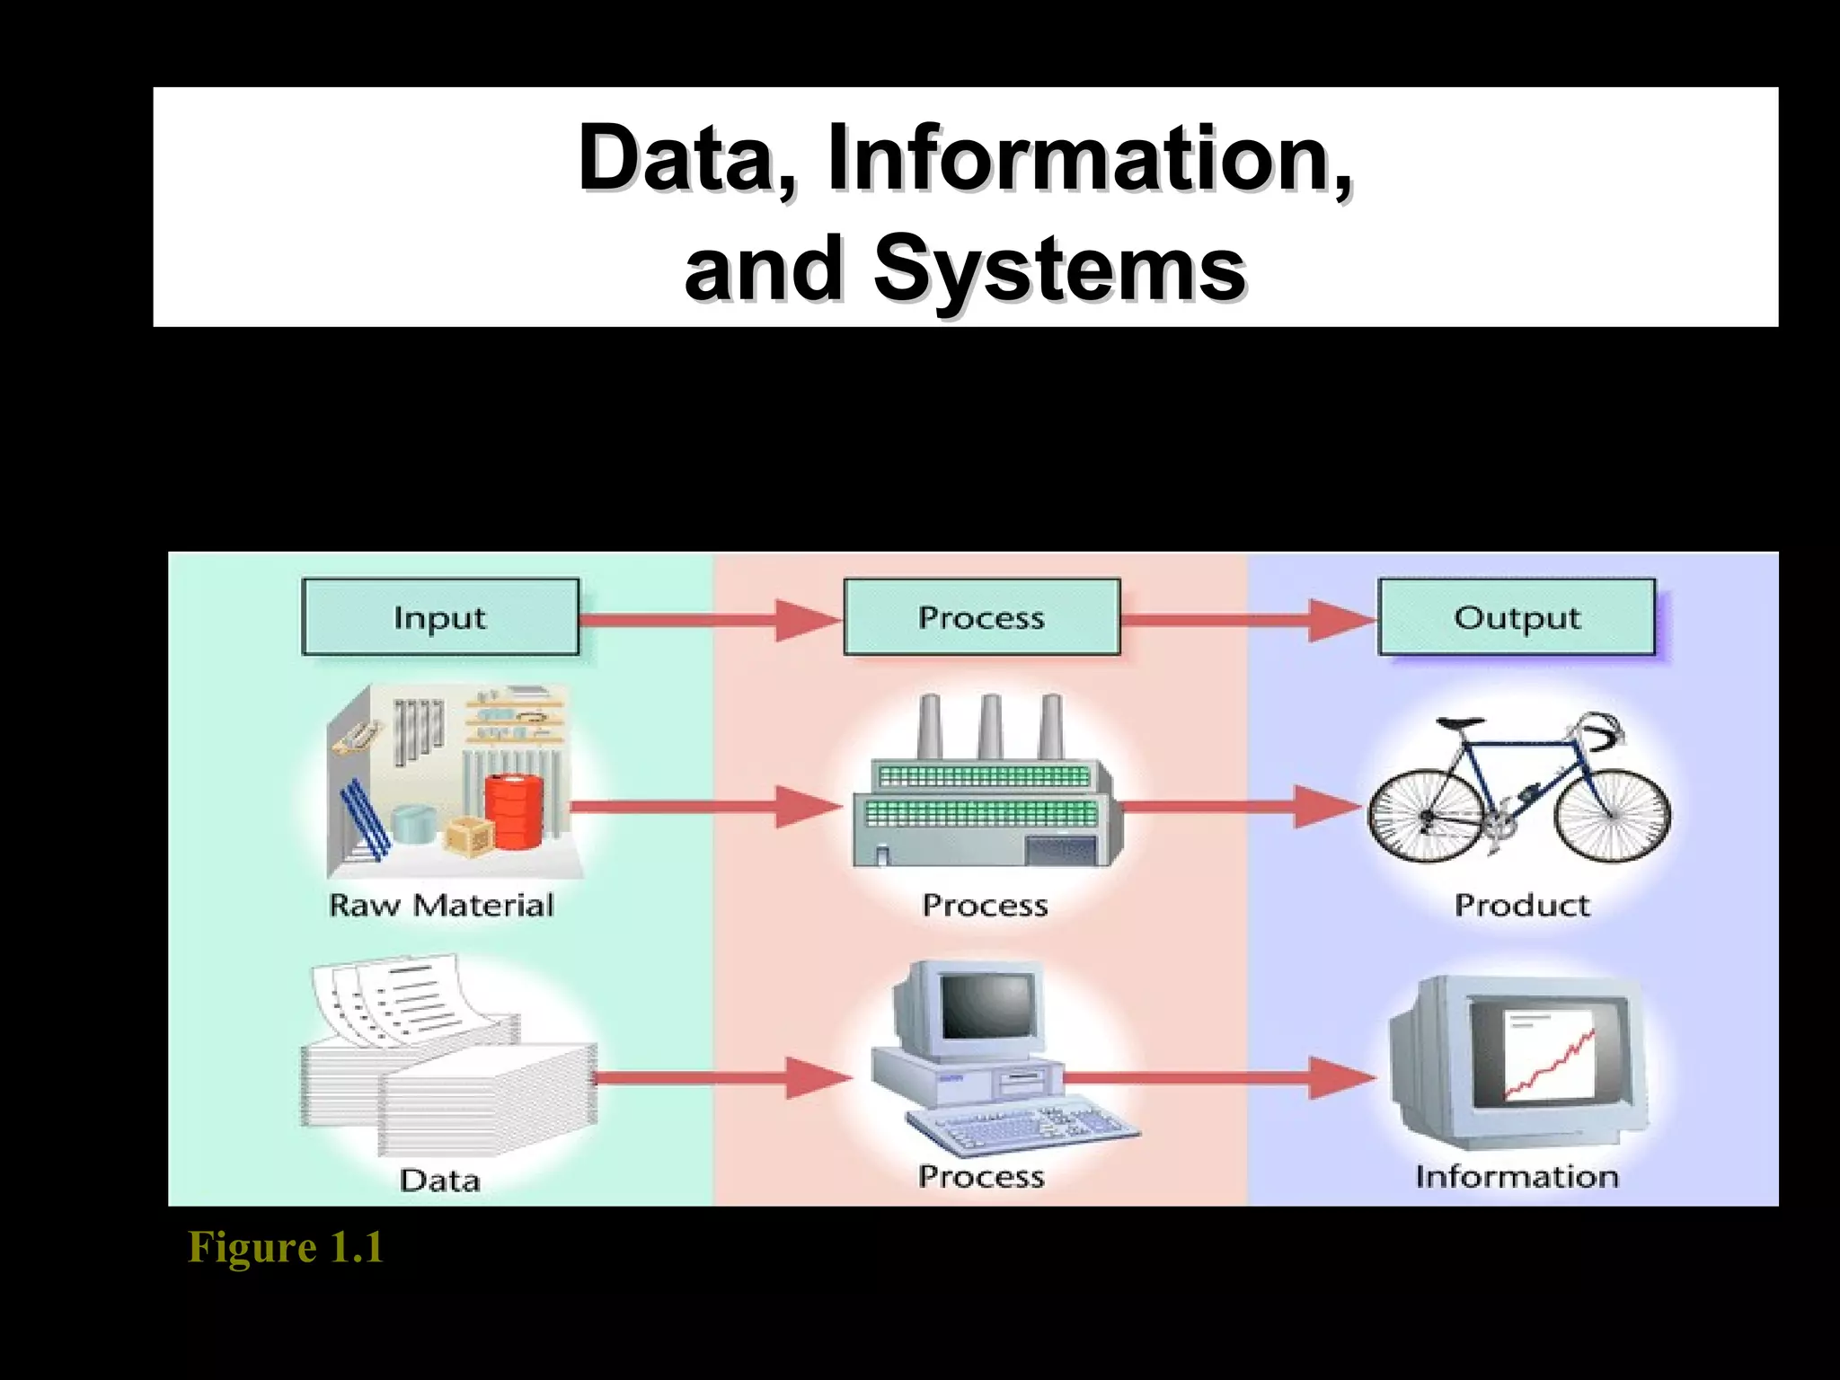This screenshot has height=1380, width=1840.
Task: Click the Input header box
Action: pyautogui.click(x=440, y=617)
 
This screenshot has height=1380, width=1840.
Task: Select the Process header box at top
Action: pyautogui.click(x=981, y=617)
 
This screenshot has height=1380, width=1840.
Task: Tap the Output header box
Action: pyautogui.click(x=1517, y=617)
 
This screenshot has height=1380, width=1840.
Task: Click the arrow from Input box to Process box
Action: pyautogui.click(x=710, y=620)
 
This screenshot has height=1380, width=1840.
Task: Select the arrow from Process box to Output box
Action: pyautogui.click(x=1249, y=620)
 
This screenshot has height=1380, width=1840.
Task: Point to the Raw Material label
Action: pyautogui.click(x=441, y=905)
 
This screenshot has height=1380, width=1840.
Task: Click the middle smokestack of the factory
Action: pyautogui.click(x=990, y=728)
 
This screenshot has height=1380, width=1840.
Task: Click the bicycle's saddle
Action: pyautogui.click(x=1460, y=722)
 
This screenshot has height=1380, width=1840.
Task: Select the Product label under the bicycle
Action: pyautogui.click(x=1522, y=905)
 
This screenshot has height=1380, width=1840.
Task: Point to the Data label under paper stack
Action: pyautogui.click(x=439, y=1180)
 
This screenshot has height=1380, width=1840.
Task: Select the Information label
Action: pyautogui.click(x=1517, y=1176)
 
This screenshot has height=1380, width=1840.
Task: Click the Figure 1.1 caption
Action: pyautogui.click(x=286, y=1247)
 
